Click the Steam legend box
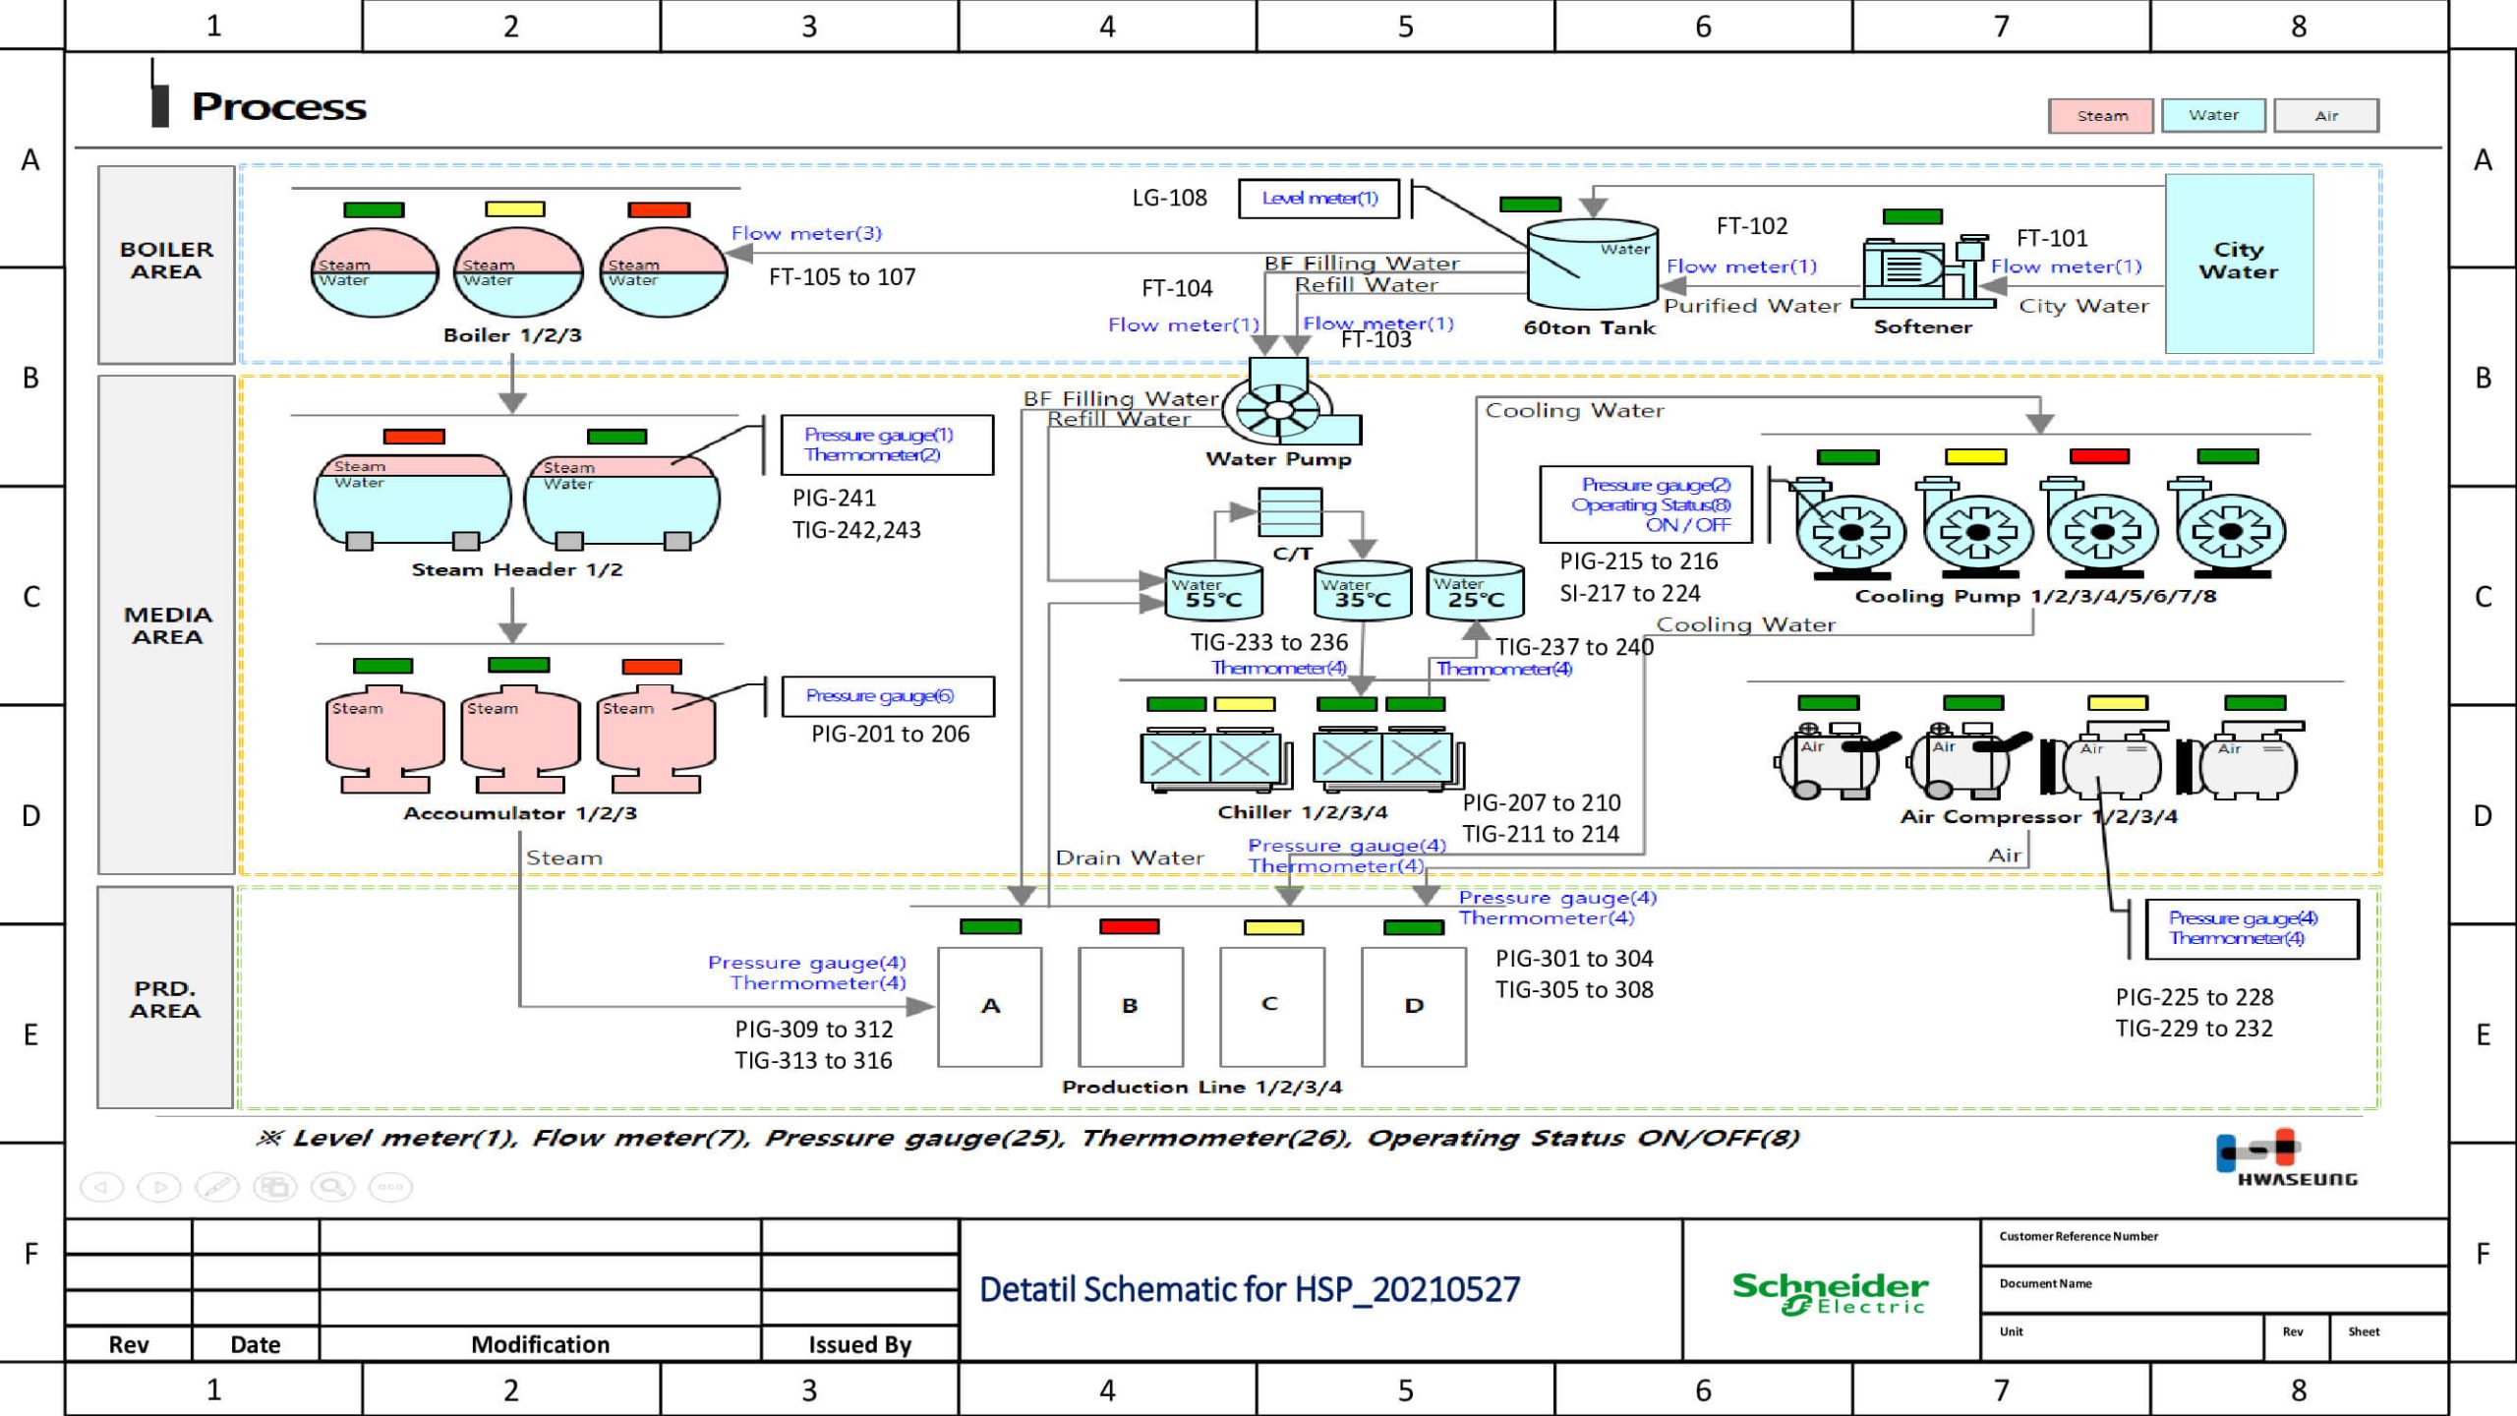pyautogui.click(x=2100, y=116)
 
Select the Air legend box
pyautogui.click(x=2325, y=116)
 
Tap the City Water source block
pyautogui.click(x=2239, y=263)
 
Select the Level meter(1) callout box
pyautogui.click(x=1320, y=199)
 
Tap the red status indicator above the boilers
pyautogui.click(x=659, y=209)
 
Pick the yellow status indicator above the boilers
pyautogui.click(x=514, y=209)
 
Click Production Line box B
pyautogui.click(x=1130, y=1007)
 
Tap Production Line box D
pyautogui.click(x=1413, y=1007)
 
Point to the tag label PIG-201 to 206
pyautogui.click(x=890, y=735)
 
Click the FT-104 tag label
pyautogui.click(x=1177, y=289)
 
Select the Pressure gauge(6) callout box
pyautogui.click(x=887, y=696)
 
